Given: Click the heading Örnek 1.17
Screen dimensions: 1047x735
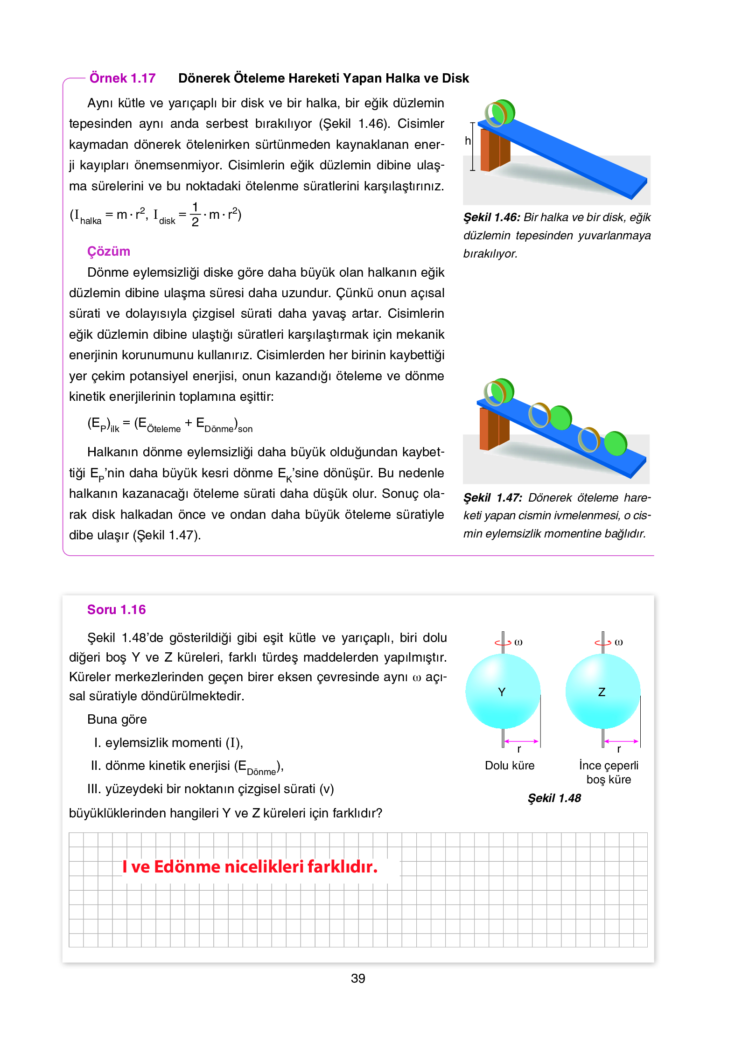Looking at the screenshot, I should [122, 78].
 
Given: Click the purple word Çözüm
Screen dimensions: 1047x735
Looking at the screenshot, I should [108, 251].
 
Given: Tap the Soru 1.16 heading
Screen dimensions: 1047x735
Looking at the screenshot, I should [116, 609].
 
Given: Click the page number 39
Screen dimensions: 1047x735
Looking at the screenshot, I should [357, 978].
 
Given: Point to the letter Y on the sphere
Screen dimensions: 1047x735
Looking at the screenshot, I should [502, 692].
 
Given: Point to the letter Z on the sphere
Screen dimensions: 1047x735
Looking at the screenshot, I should [602, 692].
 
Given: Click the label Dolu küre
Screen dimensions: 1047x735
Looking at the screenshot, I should [509, 765].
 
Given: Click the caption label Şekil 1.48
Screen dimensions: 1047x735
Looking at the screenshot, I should [554, 798].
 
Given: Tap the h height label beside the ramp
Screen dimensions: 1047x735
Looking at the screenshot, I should [468, 140].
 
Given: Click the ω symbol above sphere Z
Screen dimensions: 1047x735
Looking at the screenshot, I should [618, 642].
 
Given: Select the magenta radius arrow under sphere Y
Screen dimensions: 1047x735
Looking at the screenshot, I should [521, 741].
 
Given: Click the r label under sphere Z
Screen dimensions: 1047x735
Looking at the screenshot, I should [619, 749].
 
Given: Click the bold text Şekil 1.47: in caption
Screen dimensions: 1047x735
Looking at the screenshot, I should [492, 497].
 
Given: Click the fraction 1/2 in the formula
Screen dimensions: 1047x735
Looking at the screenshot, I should [195, 214].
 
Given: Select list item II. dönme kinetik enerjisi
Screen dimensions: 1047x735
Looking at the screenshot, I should [187, 766].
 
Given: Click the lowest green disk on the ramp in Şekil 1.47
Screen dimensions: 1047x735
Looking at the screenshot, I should [616, 443].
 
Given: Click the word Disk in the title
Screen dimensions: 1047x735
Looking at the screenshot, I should [455, 78].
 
